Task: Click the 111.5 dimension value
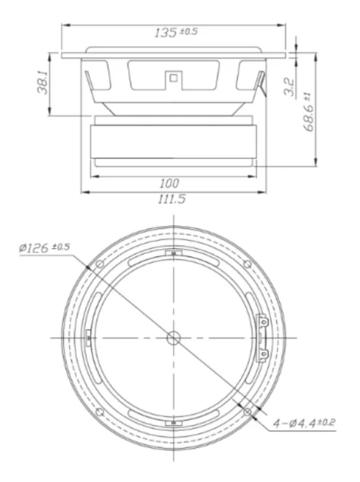click(x=172, y=199)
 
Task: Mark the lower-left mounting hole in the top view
click(x=99, y=412)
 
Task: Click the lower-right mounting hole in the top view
click(x=247, y=412)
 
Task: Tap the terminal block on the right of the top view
click(x=263, y=338)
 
